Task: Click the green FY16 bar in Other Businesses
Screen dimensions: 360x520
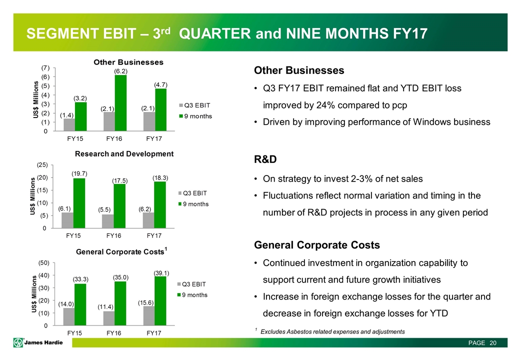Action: tap(120, 103)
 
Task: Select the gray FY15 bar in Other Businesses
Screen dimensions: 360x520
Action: tap(69, 125)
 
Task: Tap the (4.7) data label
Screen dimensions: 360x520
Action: tap(161, 85)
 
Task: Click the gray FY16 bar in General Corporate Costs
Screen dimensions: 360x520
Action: tap(108, 318)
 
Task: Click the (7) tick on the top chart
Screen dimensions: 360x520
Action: tap(45, 67)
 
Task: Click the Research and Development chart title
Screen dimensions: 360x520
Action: tap(124, 153)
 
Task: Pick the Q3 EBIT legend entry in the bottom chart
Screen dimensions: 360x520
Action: tap(195, 284)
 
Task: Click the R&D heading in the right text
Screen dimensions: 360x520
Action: tap(265, 160)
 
